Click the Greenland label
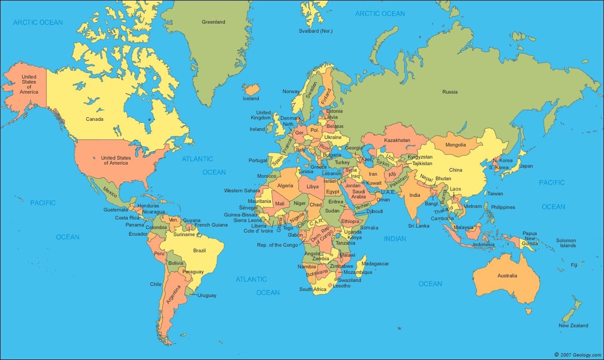(x=213, y=22)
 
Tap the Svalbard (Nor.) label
(x=316, y=31)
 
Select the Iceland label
(x=251, y=99)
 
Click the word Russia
(x=449, y=92)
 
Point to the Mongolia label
(x=456, y=145)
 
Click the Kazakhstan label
(x=397, y=140)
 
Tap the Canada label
(x=95, y=119)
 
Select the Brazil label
(x=200, y=250)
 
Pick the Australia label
(x=507, y=276)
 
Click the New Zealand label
(x=573, y=326)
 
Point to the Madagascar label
(x=375, y=264)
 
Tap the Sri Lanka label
(x=418, y=226)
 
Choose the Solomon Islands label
(x=566, y=243)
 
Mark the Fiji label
(x=574, y=265)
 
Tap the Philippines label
(x=503, y=207)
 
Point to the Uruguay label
(x=207, y=295)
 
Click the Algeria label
(x=285, y=186)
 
